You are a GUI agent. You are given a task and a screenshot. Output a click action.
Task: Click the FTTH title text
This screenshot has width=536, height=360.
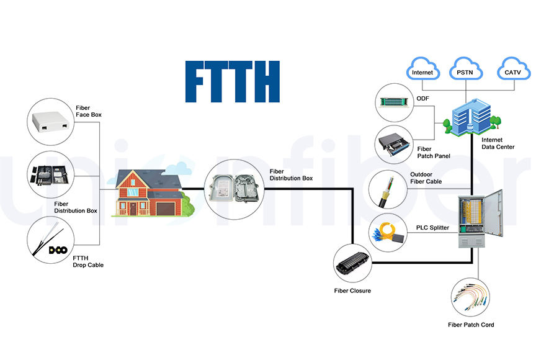tap(233, 82)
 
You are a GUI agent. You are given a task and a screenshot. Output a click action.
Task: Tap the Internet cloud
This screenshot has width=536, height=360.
tap(423, 69)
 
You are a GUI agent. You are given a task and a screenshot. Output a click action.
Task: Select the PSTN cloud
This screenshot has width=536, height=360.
tap(465, 69)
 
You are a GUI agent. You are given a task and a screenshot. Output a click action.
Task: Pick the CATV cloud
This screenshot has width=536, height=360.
tap(513, 69)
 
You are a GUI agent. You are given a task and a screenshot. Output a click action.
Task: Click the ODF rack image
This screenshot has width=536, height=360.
tap(395, 102)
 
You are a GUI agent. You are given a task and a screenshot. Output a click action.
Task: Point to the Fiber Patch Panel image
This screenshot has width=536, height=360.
tap(393, 143)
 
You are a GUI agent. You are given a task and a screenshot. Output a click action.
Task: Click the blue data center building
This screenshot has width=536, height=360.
tap(471, 117)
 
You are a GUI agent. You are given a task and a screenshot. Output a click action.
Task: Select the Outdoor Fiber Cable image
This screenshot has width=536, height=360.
tap(387, 191)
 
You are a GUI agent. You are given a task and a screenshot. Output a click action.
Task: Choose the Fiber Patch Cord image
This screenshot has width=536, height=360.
tap(470, 297)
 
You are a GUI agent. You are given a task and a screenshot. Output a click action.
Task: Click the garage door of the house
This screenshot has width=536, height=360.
tap(166, 209)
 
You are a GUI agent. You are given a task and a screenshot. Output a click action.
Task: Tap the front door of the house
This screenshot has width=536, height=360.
tap(133, 209)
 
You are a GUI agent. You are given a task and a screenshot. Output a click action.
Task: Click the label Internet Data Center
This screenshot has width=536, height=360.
tap(498, 143)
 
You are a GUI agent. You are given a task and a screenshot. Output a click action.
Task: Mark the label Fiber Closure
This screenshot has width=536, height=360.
tap(352, 290)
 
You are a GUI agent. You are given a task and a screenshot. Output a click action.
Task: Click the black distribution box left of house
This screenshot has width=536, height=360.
tap(51, 175)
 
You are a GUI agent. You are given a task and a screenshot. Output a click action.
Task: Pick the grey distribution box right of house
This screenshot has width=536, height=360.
tap(234, 189)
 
